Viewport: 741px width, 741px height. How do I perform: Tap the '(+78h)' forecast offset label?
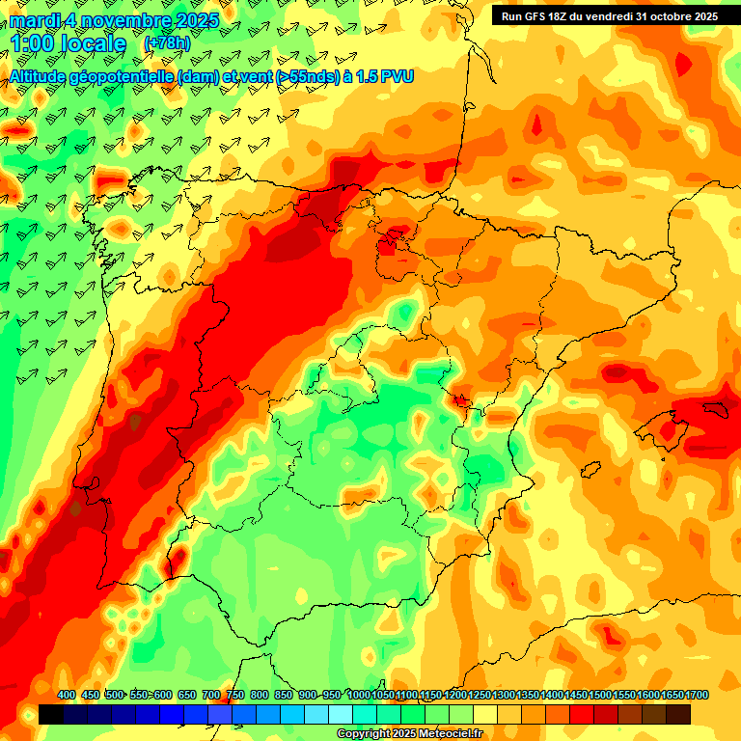(x=168, y=43)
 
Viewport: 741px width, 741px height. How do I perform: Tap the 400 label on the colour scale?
(x=67, y=695)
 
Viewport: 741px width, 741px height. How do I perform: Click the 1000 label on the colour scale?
(x=359, y=695)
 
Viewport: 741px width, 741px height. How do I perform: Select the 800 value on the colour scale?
(x=260, y=695)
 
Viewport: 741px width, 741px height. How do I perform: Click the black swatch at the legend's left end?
(x=51, y=714)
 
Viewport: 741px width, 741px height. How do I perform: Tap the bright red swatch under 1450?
(x=582, y=714)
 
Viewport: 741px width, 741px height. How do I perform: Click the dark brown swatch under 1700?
(x=678, y=714)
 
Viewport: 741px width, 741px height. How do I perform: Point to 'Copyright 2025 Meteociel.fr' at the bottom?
(x=409, y=733)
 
